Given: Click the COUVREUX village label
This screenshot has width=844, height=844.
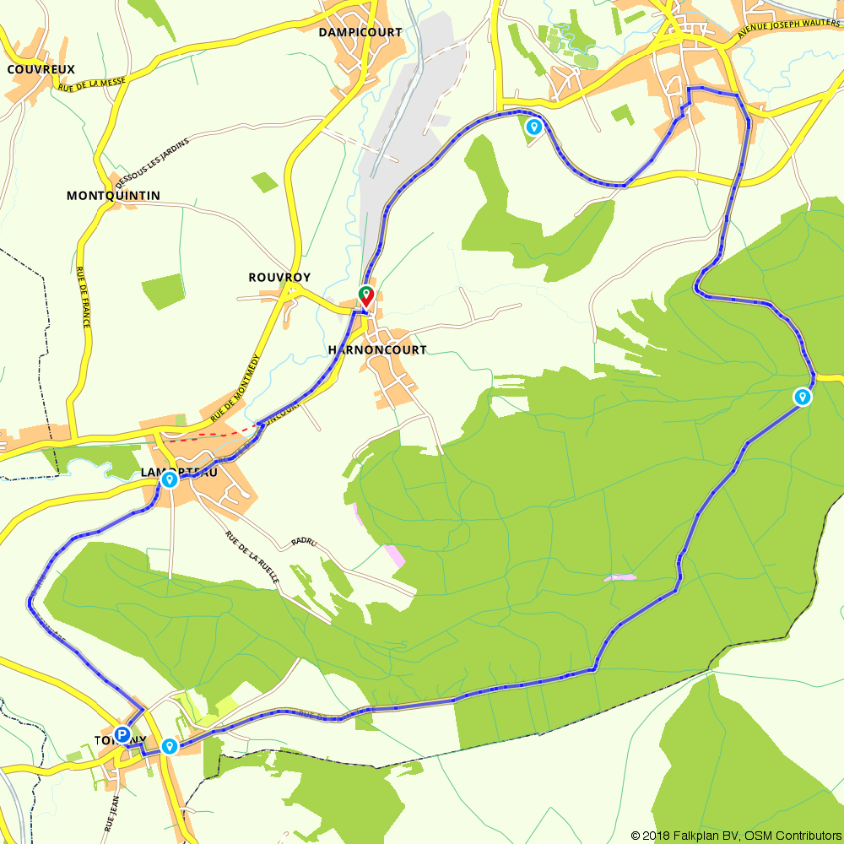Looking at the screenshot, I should (x=41, y=69).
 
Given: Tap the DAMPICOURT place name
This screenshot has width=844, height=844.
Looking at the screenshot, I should (x=360, y=32).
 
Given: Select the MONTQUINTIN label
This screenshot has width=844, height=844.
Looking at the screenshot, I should (x=113, y=196).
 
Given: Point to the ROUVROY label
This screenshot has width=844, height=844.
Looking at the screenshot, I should (x=279, y=277).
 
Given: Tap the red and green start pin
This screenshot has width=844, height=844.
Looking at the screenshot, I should (x=366, y=295).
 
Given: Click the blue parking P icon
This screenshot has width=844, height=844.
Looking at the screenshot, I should (x=122, y=735).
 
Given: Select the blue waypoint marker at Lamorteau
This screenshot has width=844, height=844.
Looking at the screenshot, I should (x=170, y=480).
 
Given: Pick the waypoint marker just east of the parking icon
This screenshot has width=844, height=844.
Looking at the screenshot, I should (x=170, y=746).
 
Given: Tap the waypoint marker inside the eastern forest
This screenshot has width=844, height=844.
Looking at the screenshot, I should (x=802, y=397).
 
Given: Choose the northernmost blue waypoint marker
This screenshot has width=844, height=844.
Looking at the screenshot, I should (x=533, y=127).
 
